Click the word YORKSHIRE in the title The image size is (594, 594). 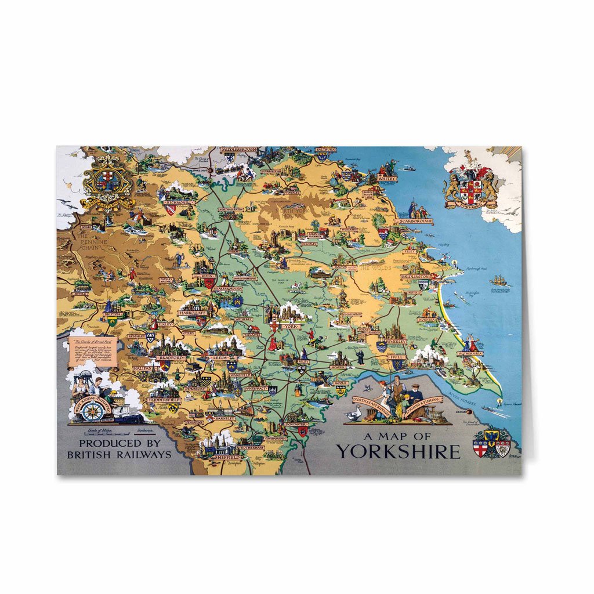398,451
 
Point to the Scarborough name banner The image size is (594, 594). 416,222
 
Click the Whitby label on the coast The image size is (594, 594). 387,179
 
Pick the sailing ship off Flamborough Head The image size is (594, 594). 498,281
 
